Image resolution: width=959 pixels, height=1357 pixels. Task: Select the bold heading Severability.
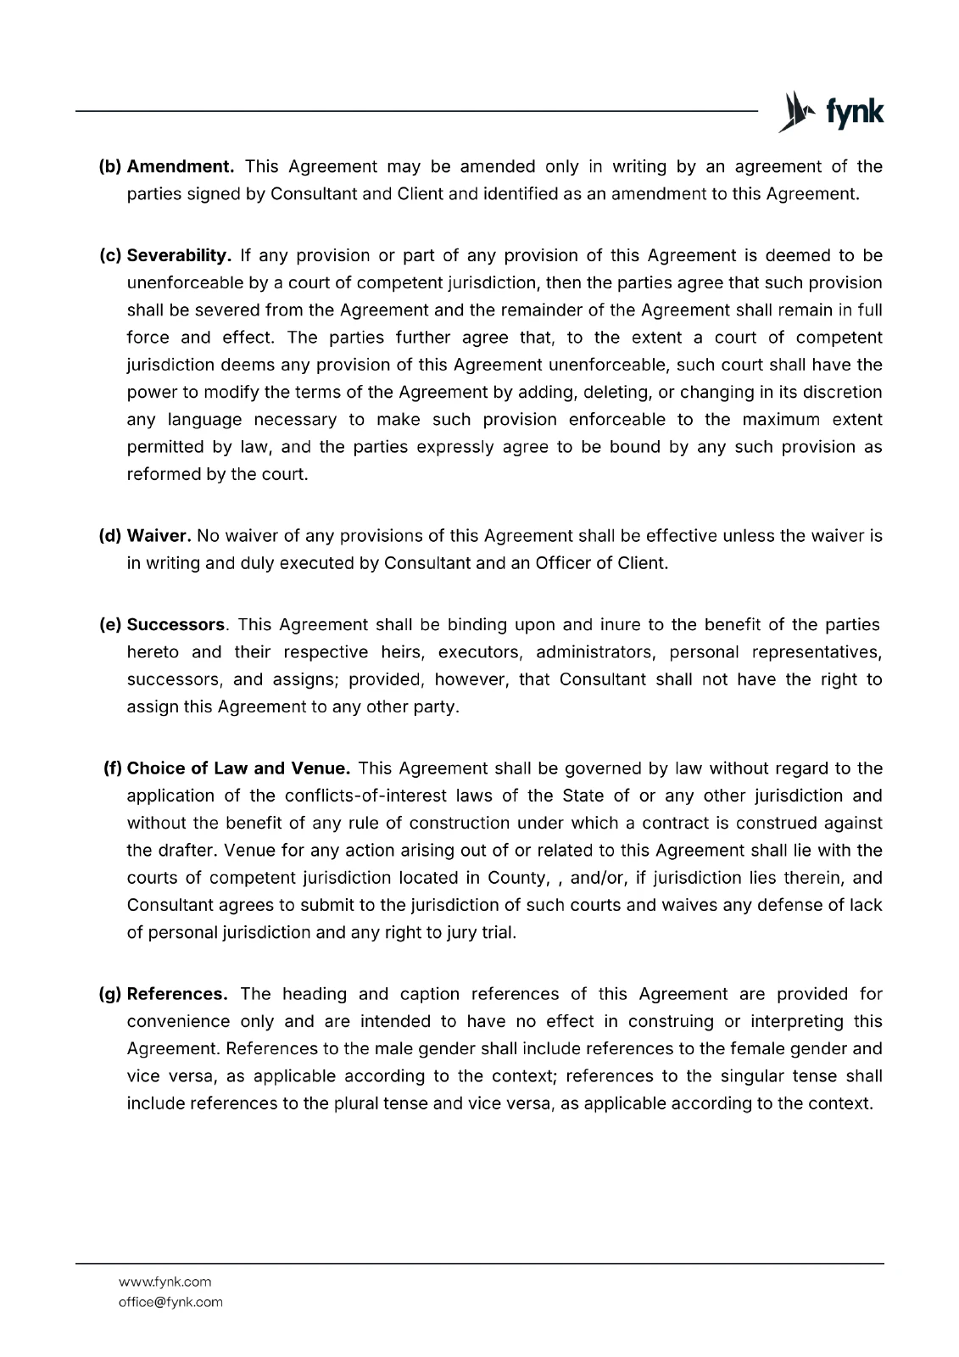[179, 255]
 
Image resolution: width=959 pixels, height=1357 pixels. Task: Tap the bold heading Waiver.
[159, 535]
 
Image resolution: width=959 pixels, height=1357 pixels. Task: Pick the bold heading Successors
[176, 625]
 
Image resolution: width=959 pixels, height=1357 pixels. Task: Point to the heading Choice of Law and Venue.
[238, 768]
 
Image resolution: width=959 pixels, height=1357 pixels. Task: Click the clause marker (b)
[111, 166]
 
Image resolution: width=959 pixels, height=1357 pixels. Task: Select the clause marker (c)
[111, 255]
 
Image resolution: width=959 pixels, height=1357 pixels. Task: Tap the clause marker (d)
[111, 535]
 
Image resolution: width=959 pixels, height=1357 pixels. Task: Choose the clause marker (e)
[111, 625]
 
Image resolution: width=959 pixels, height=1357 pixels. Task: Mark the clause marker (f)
[113, 768]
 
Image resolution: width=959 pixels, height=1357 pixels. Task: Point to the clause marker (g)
[111, 994]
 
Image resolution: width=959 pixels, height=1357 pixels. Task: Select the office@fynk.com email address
[170, 1302]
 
